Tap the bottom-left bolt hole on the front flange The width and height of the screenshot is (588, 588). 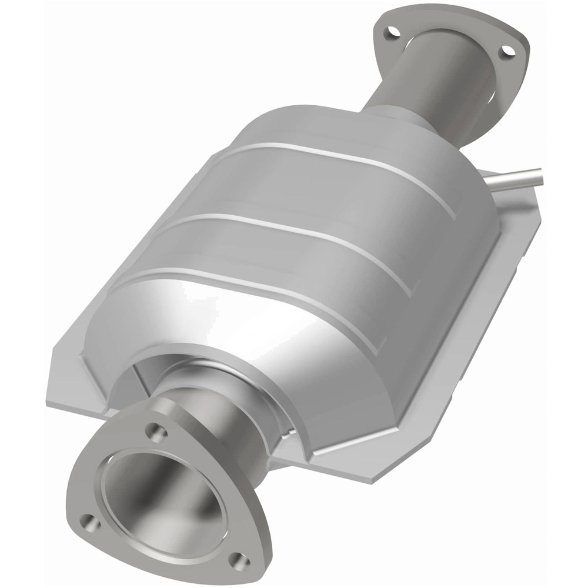pyautogui.click(x=88, y=520)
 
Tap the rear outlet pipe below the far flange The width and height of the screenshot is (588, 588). pyautogui.click(x=429, y=88)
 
